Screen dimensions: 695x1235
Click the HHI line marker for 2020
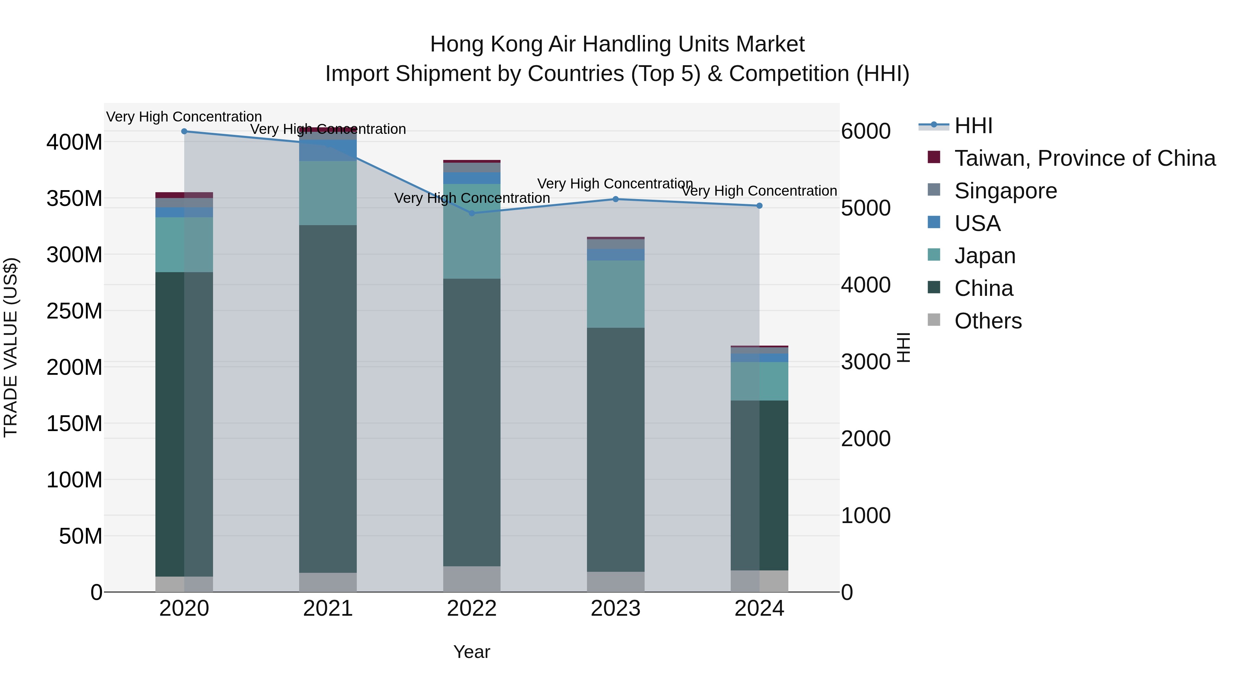[184, 131]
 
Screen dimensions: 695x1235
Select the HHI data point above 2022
[472, 213]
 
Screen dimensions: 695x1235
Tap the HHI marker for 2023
[615, 199]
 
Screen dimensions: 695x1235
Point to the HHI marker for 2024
[760, 206]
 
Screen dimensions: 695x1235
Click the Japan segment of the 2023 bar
[615, 294]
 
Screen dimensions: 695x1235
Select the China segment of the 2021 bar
[328, 398]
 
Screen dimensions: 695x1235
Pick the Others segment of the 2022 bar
[472, 579]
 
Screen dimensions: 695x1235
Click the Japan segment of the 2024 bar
[760, 381]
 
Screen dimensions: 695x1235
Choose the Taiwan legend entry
[1084, 158]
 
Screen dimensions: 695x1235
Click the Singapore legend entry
[1005, 191]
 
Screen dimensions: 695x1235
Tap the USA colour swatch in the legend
[934, 222]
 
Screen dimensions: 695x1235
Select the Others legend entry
[988, 321]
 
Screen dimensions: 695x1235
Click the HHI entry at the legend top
[973, 126]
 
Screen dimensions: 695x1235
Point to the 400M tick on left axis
[74, 142]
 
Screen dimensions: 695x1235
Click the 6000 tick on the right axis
[866, 131]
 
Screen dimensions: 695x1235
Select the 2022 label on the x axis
[472, 609]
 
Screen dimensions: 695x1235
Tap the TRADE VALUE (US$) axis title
[11, 347]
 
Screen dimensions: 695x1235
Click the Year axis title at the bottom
[472, 652]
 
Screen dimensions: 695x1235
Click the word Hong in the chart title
[456, 45]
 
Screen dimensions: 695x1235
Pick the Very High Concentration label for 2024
[760, 191]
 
